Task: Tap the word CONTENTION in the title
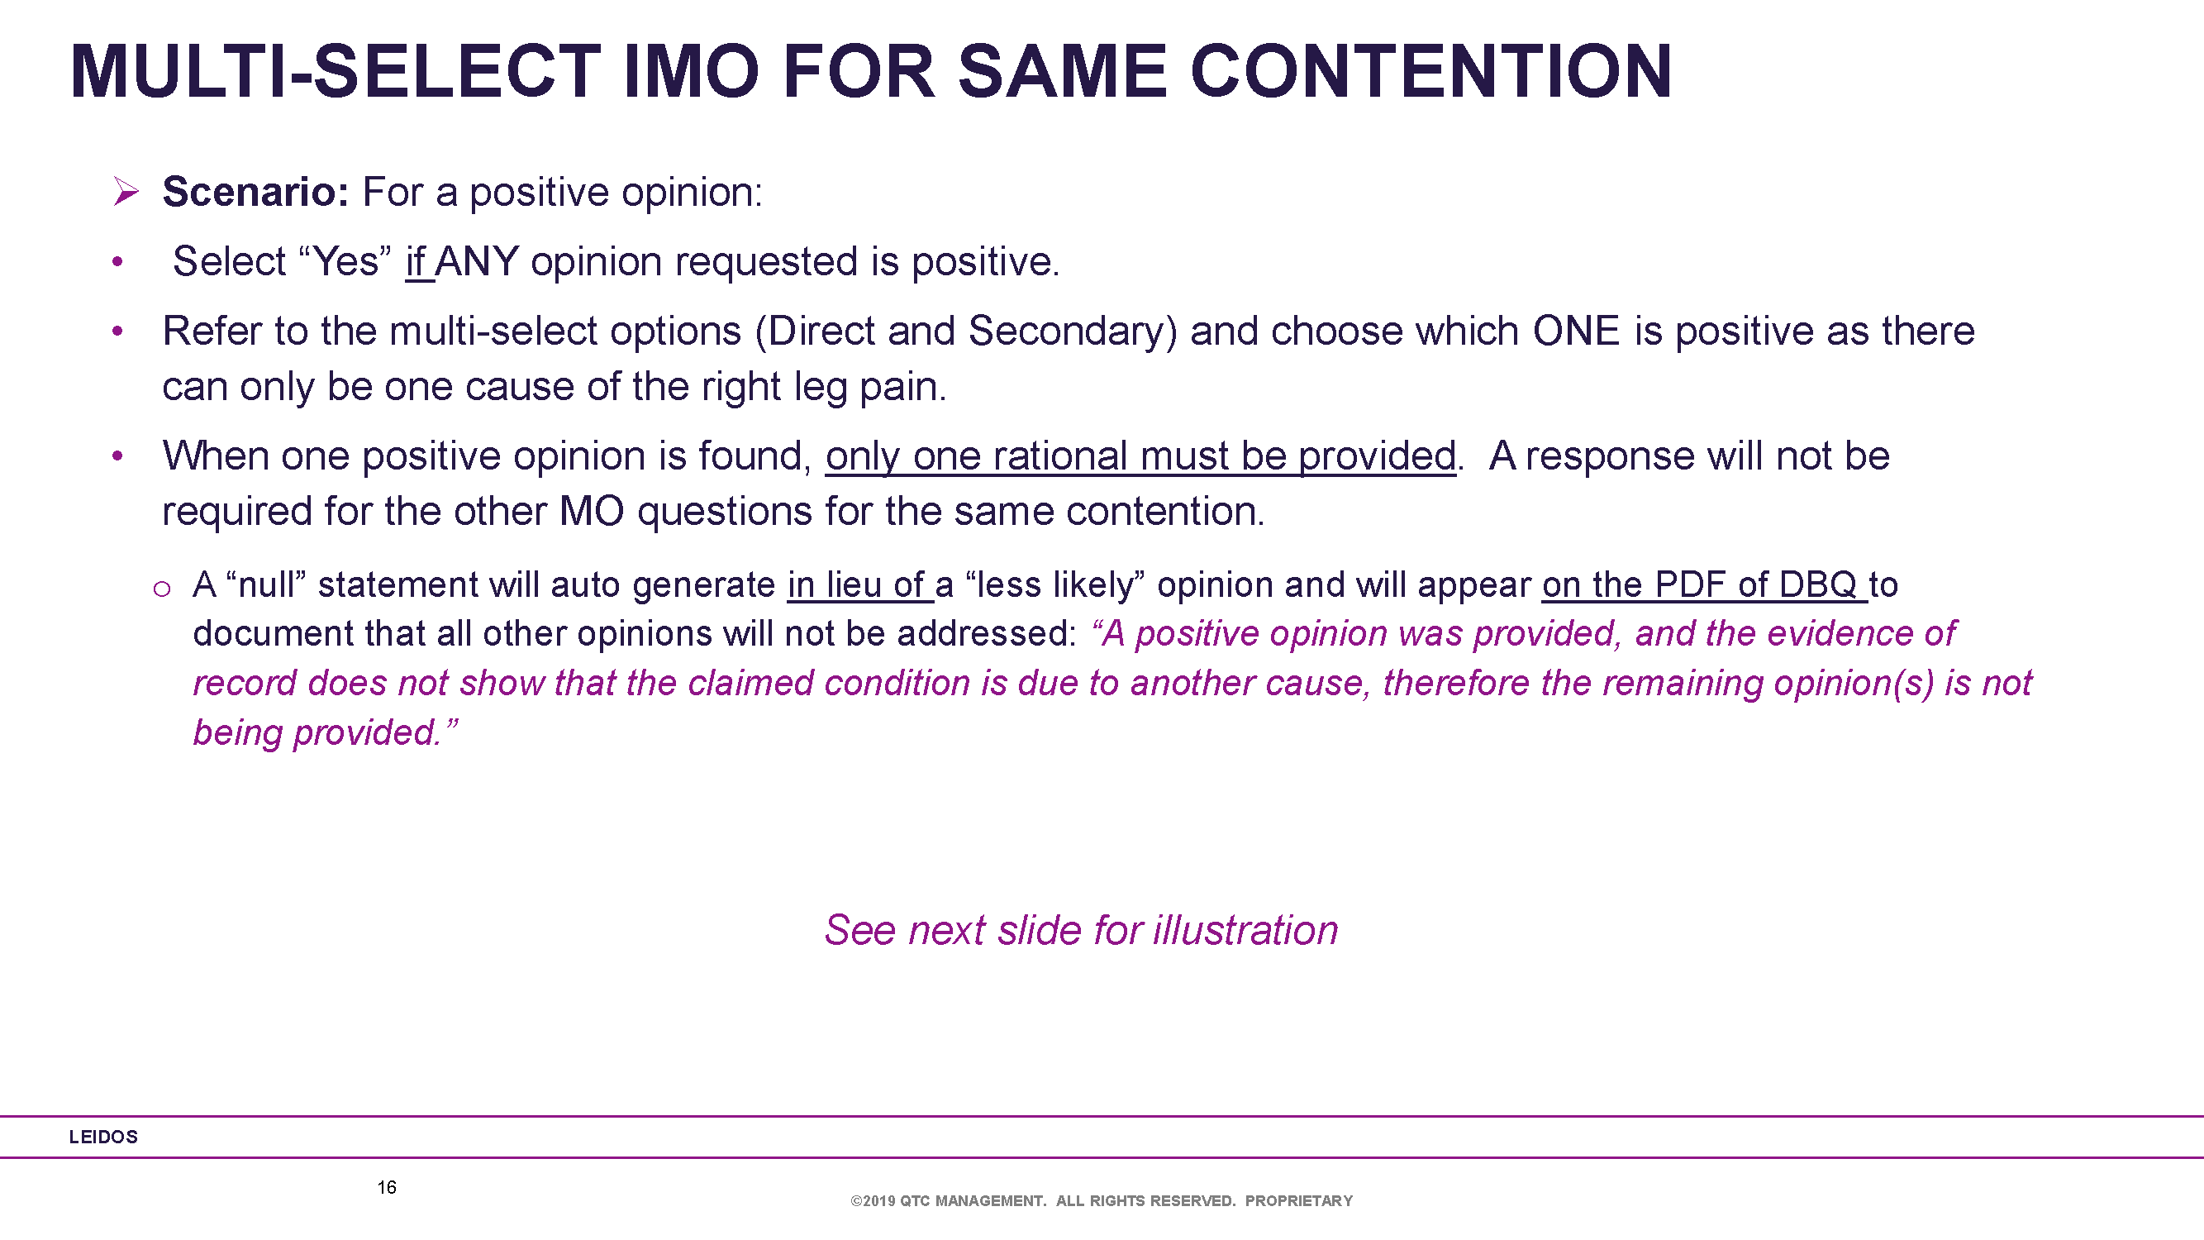pyautogui.click(x=1430, y=71)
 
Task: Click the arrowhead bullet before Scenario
pyautogui.click(x=126, y=191)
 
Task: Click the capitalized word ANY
pyautogui.click(x=477, y=261)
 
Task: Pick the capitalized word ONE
pyautogui.click(x=1576, y=331)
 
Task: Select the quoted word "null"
pyautogui.click(x=266, y=584)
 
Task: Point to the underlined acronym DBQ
pyautogui.click(x=1818, y=584)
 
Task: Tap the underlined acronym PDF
pyautogui.click(x=1690, y=584)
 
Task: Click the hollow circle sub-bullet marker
pyautogui.click(x=162, y=589)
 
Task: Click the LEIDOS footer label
pyautogui.click(x=103, y=1137)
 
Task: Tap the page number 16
pyautogui.click(x=387, y=1187)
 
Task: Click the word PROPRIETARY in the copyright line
pyautogui.click(x=1299, y=1200)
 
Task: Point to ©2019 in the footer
pyautogui.click(x=873, y=1200)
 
